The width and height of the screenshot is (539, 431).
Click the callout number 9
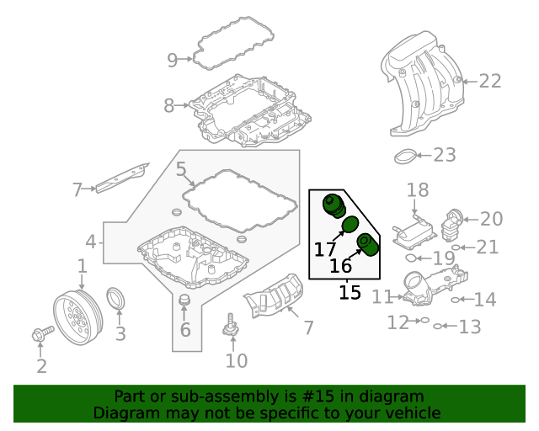[x=172, y=60]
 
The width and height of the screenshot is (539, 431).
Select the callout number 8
[x=168, y=106]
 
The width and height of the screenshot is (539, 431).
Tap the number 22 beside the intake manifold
[x=489, y=81]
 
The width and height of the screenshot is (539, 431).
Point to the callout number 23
[x=444, y=155]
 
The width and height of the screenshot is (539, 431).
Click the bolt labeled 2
[x=40, y=335]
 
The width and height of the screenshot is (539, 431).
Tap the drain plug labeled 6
[x=185, y=304]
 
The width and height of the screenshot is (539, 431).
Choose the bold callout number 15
[x=350, y=293]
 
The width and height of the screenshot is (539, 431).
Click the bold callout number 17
[x=325, y=249]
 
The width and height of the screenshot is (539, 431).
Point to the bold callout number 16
[x=340, y=267]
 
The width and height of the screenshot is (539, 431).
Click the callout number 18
[x=418, y=191]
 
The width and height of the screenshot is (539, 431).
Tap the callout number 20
[x=491, y=219]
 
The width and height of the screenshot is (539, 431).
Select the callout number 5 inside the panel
[x=181, y=169]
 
